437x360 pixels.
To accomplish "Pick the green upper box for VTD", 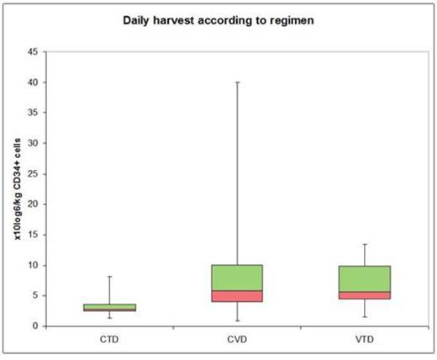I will tap(365, 278).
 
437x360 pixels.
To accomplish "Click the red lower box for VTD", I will tap(365, 295).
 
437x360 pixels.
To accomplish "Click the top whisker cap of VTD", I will tap(365, 244).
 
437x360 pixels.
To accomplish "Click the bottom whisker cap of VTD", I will tap(365, 317).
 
